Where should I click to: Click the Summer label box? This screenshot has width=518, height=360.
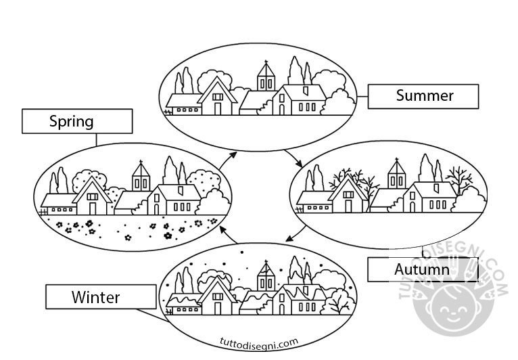tap(423, 96)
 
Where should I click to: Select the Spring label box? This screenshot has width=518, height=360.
tap(76, 122)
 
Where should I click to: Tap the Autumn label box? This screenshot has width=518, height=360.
tap(422, 270)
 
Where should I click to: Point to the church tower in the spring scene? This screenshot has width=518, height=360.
tap(141, 177)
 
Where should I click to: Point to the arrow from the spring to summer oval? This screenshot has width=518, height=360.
tap(231, 158)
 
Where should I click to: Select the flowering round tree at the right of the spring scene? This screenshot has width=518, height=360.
tap(204, 181)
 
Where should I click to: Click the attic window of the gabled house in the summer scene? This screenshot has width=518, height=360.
tap(217, 97)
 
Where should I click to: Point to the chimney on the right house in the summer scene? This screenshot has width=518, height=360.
tap(306, 89)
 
